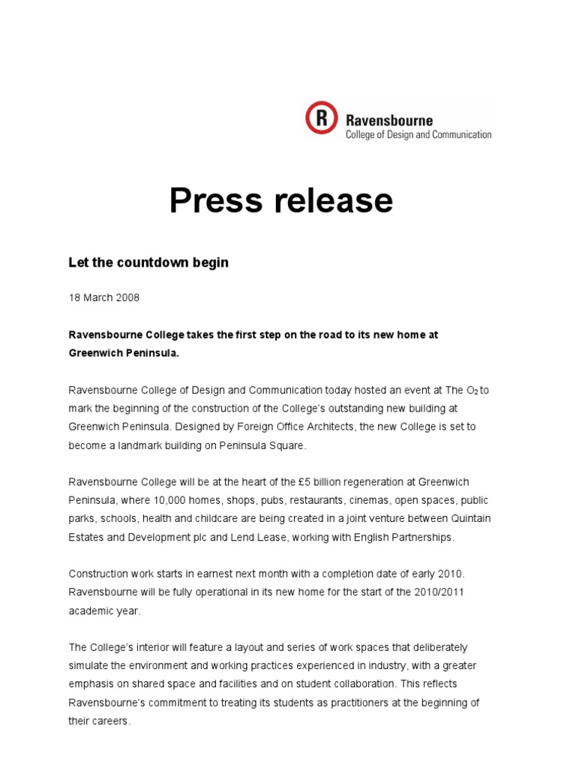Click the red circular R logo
pyautogui.click(x=322, y=118)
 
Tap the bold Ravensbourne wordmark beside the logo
pyautogui.click(x=388, y=119)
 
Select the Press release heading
pyautogui.click(x=280, y=201)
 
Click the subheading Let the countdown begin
pyautogui.click(x=148, y=262)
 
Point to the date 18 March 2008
pyautogui.click(x=104, y=297)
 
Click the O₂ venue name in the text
pyautogui.click(x=472, y=390)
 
